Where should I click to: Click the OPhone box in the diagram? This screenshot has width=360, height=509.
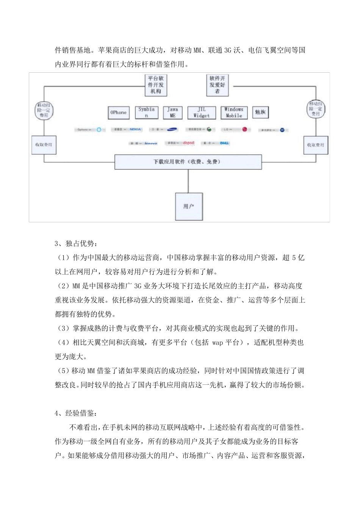(118, 112)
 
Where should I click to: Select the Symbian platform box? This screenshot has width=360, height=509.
(146, 112)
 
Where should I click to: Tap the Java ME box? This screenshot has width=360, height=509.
(172, 112)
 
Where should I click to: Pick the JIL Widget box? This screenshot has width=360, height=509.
(202, 112)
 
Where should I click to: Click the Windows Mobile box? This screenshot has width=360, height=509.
(234, 112)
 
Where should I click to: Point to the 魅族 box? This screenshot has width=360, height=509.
(260, 112)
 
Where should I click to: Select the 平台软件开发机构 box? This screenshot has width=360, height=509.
(156, 85)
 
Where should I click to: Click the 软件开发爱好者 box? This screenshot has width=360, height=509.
(217, 85)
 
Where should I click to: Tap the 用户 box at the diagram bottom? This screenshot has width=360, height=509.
(188, 206)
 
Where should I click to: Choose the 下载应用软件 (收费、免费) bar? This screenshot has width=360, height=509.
(188, 162)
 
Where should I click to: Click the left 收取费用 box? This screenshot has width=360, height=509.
(44, 145)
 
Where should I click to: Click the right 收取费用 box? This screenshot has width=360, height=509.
(316, 145)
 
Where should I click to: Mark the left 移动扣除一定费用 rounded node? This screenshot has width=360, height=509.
(44, 110)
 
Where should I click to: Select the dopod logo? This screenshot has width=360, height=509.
(188, 143)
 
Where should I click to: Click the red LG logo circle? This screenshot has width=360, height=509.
(245, 130)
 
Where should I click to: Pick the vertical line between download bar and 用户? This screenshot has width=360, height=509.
(188, 181)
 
